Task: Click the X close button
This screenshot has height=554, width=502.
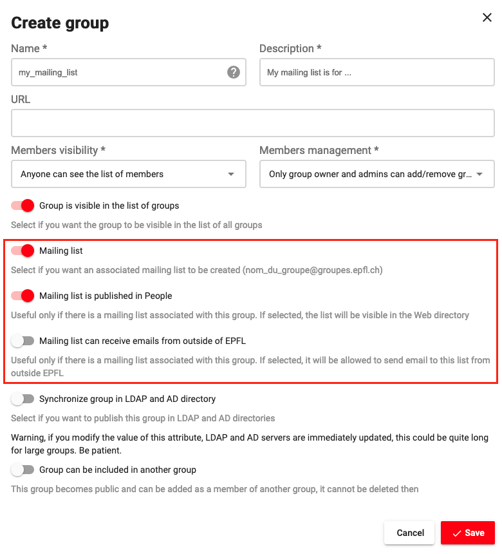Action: pos(487,18)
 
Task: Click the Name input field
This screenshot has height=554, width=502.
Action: pos(119,73)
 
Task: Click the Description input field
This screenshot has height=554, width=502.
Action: pos(376,73)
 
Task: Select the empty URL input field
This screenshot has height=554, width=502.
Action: pos(252,123)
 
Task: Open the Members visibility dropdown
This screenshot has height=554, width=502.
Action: pos(129,174)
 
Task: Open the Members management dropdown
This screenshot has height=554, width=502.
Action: pos(376,174)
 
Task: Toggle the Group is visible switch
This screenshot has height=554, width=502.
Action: pos(23,205)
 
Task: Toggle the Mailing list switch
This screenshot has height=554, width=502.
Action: pos(23,251)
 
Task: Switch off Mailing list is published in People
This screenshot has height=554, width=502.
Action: pos(23,296)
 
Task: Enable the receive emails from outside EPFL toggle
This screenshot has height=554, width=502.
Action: pos(23,341)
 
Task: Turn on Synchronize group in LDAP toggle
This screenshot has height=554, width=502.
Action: pos(23,399)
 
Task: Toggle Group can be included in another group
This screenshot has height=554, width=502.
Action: pos(23,470)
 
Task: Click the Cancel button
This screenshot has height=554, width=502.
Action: pos(410,533)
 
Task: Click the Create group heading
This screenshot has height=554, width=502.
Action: pos(60,23)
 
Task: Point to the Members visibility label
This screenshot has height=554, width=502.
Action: pos(58,150)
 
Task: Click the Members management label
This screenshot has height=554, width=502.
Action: pos(319,150)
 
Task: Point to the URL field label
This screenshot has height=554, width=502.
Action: pos(21,100)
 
